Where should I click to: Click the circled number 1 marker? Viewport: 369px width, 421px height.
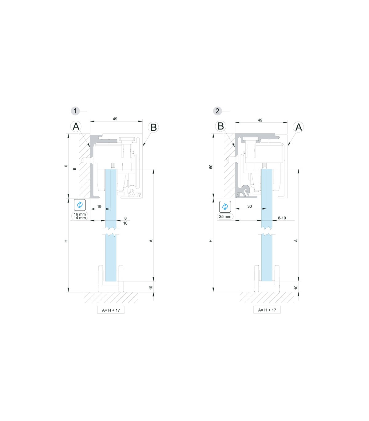[x=75, y=111]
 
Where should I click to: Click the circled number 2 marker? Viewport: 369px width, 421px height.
[x=217, y=111]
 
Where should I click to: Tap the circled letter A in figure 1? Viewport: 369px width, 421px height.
[x=76, y=126]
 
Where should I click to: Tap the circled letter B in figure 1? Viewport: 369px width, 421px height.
[x=153, y=127]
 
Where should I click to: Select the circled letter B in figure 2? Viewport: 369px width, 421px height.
[x=220, y=126]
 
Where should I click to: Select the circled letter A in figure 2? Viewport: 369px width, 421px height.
[x=298, y=127]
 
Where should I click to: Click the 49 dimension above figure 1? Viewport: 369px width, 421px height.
[x=115, y=119]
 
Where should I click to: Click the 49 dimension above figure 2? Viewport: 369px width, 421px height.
[x=260, y=120]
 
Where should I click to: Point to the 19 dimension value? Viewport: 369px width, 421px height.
[x=99, y=207]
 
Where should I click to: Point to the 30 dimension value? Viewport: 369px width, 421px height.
[x=249, y=206]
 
